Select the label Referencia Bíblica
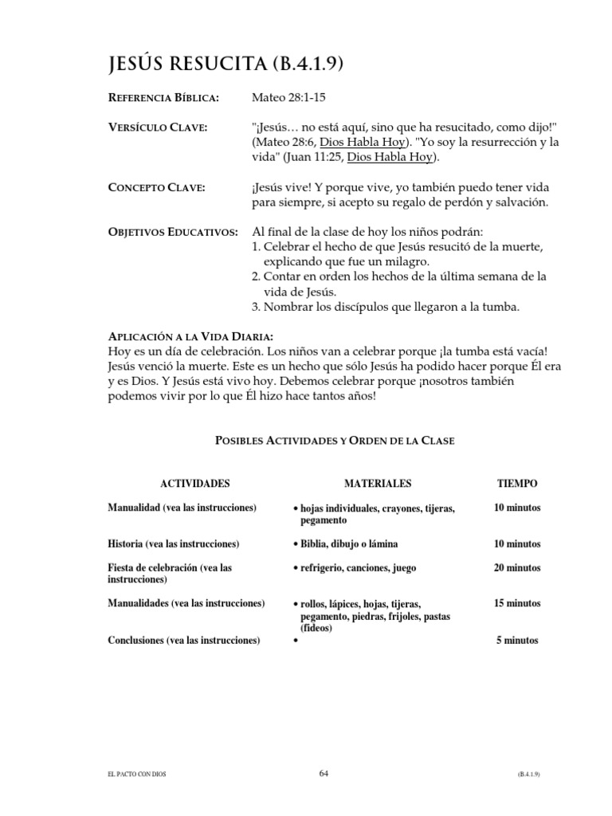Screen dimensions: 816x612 163,98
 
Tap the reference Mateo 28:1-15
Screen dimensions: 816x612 289,98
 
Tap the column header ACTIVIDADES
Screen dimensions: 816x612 195,484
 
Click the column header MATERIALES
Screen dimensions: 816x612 378,484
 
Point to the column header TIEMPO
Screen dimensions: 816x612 517,484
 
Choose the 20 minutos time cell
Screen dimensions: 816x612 517,568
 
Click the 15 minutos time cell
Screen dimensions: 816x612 517,604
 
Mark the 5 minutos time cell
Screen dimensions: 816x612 517,640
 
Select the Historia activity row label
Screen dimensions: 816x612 174,543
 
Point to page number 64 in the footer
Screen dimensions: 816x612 323,772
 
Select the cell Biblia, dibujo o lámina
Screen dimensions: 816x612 349,543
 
